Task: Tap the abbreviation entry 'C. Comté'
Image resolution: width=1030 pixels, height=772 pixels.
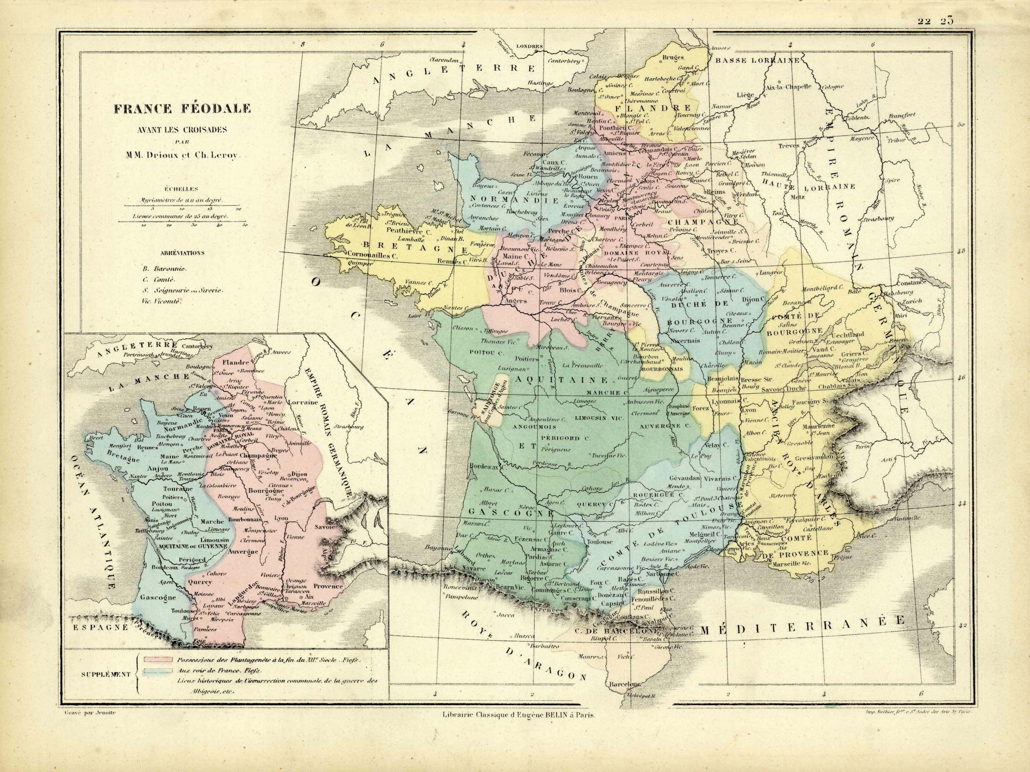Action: tap(158, 279)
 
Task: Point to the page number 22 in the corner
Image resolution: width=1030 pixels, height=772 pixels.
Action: tap(924, 21)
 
